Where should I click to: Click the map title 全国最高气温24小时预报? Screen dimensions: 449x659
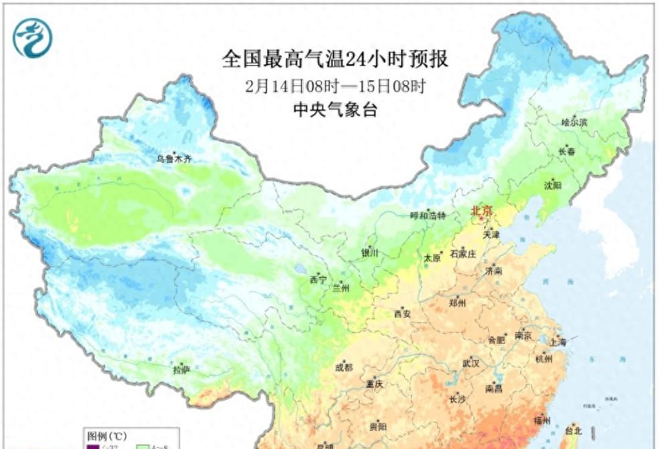335,60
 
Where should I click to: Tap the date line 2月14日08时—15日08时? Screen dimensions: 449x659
335,86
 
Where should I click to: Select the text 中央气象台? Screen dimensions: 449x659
335,110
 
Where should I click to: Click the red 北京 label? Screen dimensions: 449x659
482,211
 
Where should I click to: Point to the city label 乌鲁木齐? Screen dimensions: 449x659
173,159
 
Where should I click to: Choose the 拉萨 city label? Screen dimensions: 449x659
181,369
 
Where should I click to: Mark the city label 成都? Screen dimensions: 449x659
345,367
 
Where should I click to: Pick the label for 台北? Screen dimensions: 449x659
574,430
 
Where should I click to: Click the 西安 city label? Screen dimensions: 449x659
402,313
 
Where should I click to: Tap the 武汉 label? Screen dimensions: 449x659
471,363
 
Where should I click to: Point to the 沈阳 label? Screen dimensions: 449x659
553,184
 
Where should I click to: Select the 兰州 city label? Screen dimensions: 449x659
341,288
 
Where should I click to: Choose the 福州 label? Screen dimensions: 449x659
542,421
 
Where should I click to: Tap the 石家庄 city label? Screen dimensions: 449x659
463,254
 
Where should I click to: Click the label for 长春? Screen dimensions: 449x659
567,152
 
